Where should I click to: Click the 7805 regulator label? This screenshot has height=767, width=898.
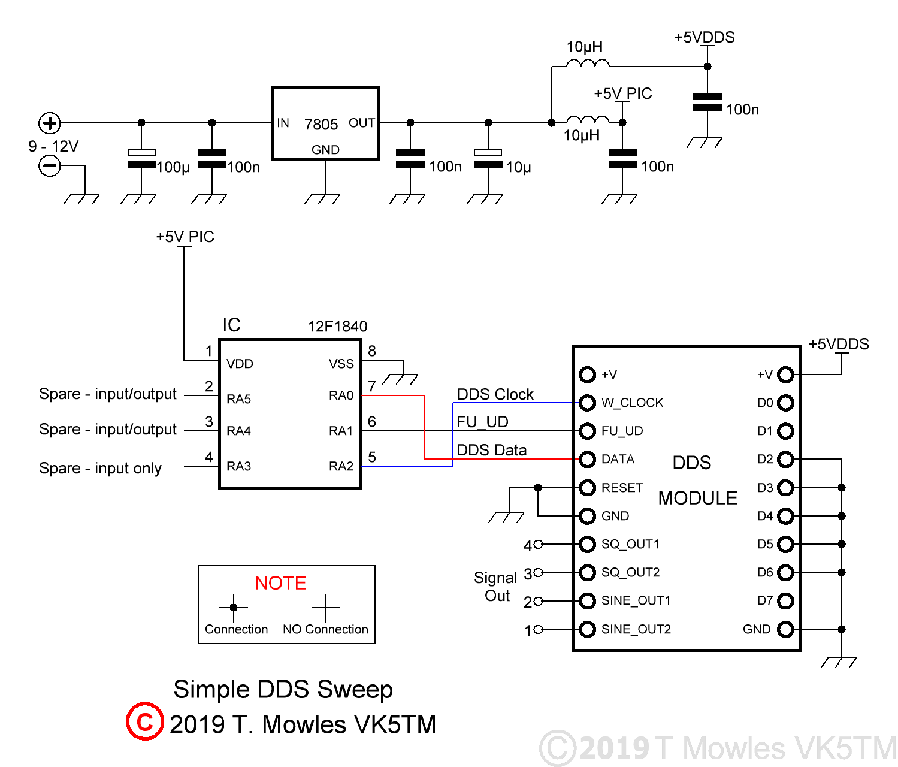pos(321,124)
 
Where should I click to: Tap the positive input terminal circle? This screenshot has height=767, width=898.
pos(50,123)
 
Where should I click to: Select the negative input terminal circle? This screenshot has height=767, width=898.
pos(50,165)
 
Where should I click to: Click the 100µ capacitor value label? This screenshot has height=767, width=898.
pos(173,167)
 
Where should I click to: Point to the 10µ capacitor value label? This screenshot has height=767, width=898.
pos(519,167)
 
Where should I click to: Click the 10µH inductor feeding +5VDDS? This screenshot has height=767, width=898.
pos(588,62)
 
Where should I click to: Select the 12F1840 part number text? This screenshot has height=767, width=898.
pos(337,327)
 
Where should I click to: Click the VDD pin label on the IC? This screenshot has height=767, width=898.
pos(240,364)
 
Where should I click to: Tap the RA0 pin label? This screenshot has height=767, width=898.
pos(341,395)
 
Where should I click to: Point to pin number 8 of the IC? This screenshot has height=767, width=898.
pos(372,351)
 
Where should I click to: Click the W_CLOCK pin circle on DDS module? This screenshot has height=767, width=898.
pos(588,403)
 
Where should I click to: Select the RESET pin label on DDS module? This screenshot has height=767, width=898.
pos(622,488)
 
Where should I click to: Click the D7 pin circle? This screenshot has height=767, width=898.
pos(785,600)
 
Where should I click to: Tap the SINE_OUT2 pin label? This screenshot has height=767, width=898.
pos(636,629)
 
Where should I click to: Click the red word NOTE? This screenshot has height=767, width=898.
pos(280,583)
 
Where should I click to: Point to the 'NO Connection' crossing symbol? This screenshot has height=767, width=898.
pos(325,608)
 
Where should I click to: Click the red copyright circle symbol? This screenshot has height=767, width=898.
pos(144,721)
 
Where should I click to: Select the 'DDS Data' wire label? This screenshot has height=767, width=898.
pos(491,450)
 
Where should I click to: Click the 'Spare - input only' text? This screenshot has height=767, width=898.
pos(100,468)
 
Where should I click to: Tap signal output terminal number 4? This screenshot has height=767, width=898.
pos(537,544)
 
